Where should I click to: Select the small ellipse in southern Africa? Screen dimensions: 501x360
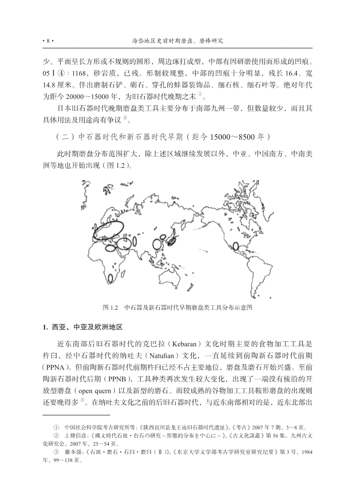pos(110,279)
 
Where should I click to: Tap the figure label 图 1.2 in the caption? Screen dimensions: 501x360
pos(110,308)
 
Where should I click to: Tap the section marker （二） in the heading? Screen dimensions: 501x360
pos(64,136)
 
